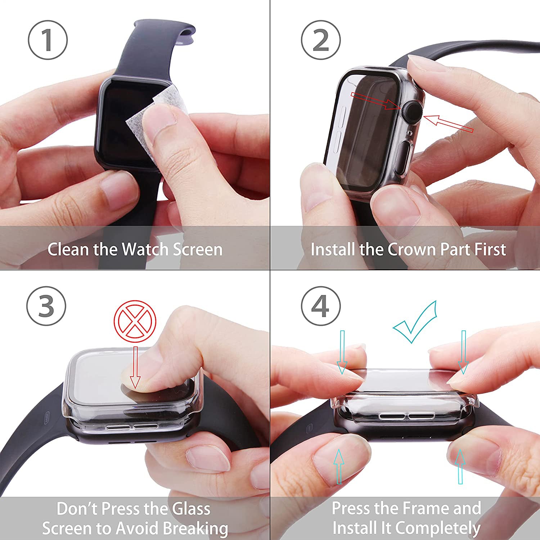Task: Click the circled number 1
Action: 48,40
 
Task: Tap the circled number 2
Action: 321,40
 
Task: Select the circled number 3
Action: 46,306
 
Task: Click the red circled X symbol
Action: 135,321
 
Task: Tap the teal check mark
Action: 416,321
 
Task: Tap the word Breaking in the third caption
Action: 195,528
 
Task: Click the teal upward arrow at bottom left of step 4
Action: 338,466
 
